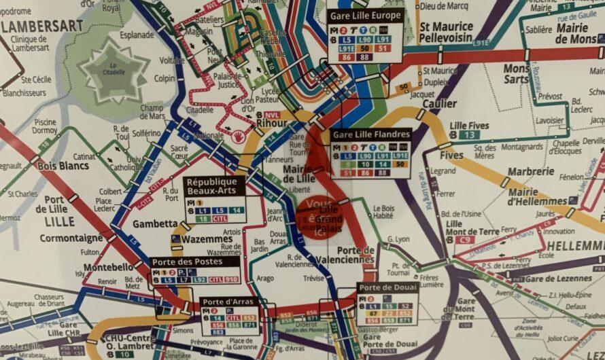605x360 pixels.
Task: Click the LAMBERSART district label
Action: (42, 26)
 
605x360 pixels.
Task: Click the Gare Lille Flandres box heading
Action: (371, 135)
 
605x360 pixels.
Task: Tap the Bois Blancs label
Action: (63, 166)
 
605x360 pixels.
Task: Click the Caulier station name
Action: (438, 104)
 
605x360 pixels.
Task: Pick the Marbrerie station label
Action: (530, 171)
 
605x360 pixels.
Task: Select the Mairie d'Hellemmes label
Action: (537, 197)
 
